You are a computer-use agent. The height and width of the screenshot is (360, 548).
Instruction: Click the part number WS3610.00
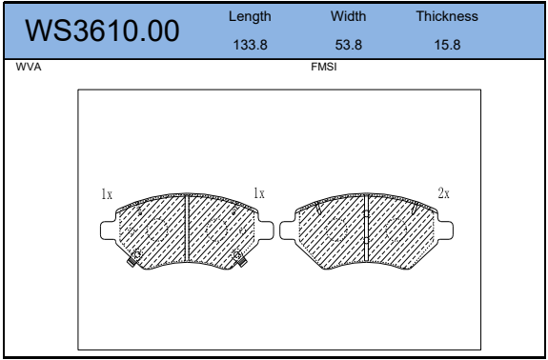[102, 30]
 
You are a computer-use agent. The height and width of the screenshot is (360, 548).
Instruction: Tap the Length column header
[250, 16]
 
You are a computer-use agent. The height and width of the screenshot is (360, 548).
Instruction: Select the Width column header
[349, 16]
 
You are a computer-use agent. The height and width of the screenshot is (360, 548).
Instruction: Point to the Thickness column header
[447, 16]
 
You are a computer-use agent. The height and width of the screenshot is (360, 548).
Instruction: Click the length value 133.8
[251, 45]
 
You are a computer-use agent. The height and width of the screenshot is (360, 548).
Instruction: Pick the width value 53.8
[349, 45]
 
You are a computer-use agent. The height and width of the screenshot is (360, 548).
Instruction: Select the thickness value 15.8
[447, 45]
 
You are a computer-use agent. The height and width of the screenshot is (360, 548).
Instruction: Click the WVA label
[29, 67]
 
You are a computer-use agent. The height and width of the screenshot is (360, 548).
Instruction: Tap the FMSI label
[324, 67]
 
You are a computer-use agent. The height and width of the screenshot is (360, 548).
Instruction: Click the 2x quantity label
[443, 193]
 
